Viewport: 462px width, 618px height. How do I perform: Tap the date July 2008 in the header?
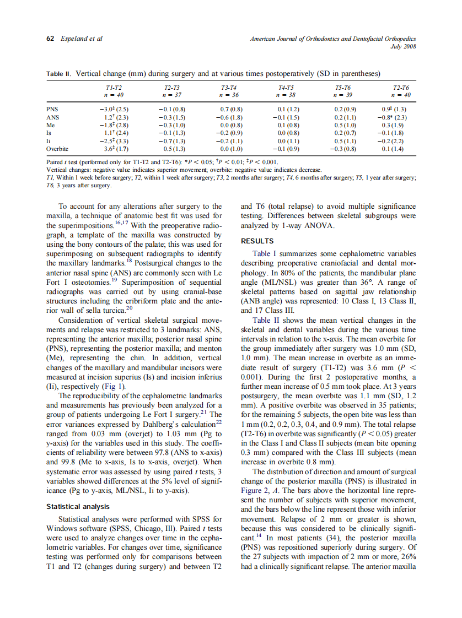click(402, 46)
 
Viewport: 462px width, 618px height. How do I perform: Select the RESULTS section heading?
click(257, 241)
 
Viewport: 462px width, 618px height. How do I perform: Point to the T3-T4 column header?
click(228, 88)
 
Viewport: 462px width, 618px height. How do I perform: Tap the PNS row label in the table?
click(52, 109)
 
